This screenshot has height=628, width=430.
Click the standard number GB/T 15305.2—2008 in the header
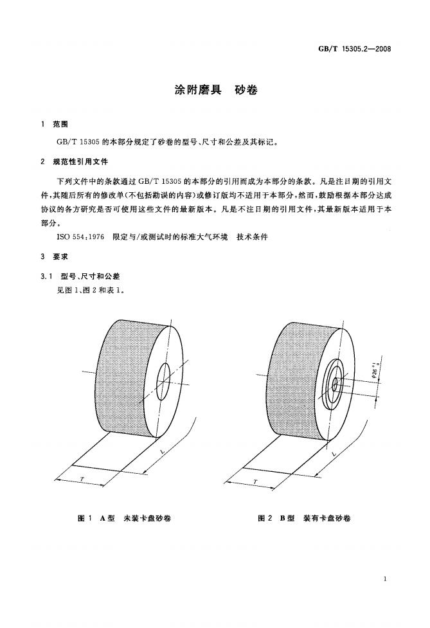tap(354, 49)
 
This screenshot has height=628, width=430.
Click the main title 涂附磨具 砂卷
tap(216, 90)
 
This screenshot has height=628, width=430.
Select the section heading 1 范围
tap(55, 125)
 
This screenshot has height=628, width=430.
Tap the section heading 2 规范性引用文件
tap(75, 162)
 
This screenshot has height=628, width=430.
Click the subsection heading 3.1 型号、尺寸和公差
tap(80, 276)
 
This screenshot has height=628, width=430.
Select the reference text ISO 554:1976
tap(80, 237)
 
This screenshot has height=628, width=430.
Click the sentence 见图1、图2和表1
tap(91, 290)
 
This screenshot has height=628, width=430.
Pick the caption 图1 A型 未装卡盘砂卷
tap(124, 518)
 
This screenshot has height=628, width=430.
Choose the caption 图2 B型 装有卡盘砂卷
tap(304, 518)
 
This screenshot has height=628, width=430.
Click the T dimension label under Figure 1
tap(82, 479)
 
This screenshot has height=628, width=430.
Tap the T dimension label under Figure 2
tap(255, 482)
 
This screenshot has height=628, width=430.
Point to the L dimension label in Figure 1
tap(162, 452)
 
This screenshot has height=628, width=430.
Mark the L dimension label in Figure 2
tap(334, 454)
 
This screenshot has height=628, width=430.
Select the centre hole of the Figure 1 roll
tap(163, 382)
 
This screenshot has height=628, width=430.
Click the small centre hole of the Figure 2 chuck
tap(335, 386)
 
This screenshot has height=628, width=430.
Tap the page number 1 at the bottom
tap(385, 579)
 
